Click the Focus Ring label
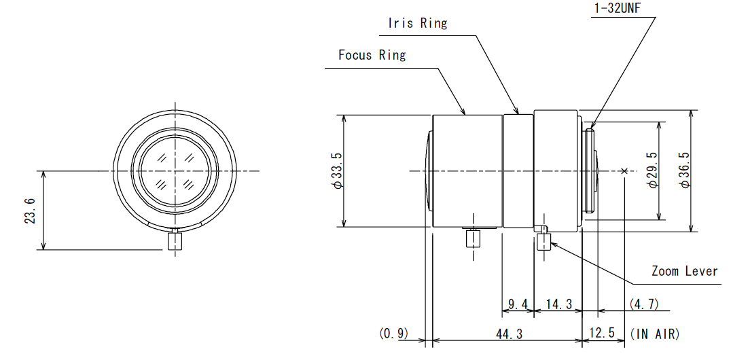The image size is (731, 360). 372,55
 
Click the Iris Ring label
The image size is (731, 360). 417,22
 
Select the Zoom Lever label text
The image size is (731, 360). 684,271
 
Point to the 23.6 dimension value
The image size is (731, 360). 29,210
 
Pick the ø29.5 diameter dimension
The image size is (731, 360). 653,171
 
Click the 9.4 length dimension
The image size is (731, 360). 518,304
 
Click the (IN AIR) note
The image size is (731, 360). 655,334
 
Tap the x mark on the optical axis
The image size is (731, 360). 624,170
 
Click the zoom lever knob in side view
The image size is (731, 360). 543,240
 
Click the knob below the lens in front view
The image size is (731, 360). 175,242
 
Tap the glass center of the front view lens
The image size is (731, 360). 176,170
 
